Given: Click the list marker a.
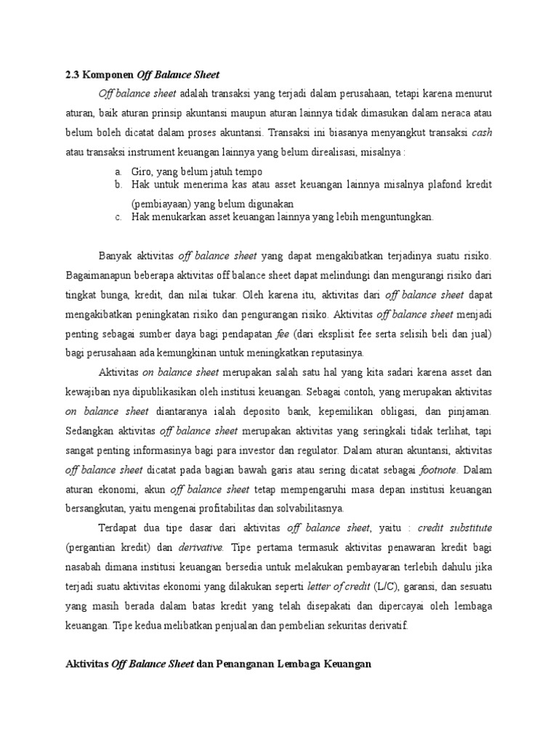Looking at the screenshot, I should (118, 171).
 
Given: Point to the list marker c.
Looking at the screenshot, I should (118, 217).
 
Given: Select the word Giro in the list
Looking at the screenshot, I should (142, 171).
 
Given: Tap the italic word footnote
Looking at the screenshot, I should (436, 469).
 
